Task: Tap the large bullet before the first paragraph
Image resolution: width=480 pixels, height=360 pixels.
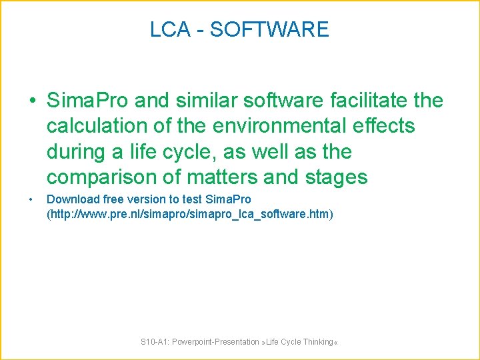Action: click(x=32, y=101)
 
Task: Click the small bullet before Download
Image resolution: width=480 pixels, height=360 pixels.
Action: click(x=31, y=199)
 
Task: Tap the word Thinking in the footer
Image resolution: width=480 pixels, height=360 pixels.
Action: click(x=318, y=342)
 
